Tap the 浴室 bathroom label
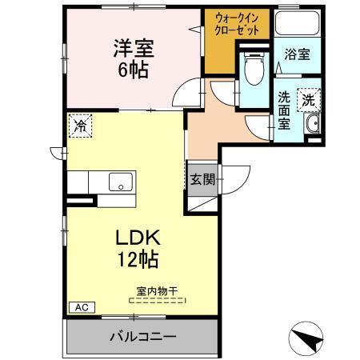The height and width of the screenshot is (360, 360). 298,56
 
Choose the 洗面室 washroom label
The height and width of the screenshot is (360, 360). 285,112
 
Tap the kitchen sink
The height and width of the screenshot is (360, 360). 121,181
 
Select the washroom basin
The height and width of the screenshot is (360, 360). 312,124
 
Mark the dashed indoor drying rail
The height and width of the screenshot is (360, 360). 156,301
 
